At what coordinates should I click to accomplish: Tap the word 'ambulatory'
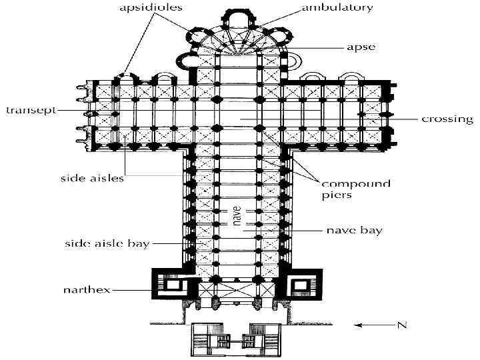[x=337, y=9]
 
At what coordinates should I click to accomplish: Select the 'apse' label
[x=361, y=47]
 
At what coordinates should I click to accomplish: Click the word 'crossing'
[x=447, y=119]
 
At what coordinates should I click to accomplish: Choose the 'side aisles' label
[x=91, y=178]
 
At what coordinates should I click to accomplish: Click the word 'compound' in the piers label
[x=356, y=183]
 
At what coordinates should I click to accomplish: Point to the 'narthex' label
[x=87, y=290]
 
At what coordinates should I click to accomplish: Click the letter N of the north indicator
[x=401, y=325]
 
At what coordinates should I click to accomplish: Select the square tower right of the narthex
[x=302, y=286]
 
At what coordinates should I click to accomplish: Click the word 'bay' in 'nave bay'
[x=373, y=231]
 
